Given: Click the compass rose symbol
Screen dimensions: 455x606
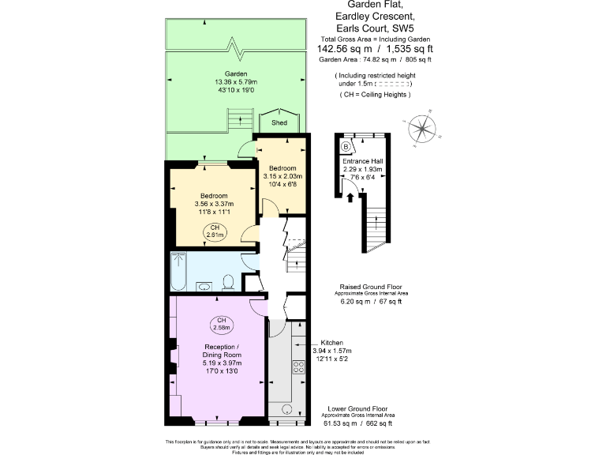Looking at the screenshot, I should point(424,129).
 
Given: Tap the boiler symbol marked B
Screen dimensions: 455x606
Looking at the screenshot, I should point(346,146).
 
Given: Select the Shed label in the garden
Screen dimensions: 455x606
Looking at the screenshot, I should point(279,124).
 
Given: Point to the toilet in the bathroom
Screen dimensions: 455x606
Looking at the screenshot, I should point(228,281).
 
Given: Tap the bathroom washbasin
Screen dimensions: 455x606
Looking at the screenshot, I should point(204,286).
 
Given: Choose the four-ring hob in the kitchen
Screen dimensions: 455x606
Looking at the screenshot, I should point(299,367).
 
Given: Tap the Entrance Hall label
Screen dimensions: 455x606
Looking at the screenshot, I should point(362,161).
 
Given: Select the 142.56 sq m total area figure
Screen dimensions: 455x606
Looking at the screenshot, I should point(346,48).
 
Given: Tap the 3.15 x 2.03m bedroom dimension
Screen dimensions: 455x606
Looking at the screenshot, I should point(282,176).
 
